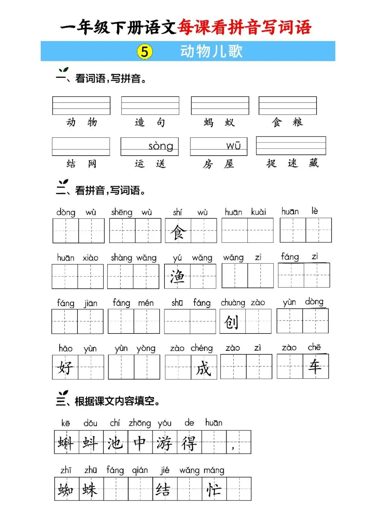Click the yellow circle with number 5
pos(145,51)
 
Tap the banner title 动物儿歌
pos(211,51)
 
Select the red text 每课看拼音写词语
pos(244,27)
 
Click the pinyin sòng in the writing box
pos(161,146)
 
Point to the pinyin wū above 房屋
pos(233,146)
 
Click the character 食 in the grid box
pos(178,232)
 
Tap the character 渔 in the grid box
pos(177,277)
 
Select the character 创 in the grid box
pos(232,322)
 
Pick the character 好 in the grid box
pos(65,367)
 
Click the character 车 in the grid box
pos(315,366)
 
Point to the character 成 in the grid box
pos(203,368)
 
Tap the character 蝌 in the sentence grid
pos(66,443)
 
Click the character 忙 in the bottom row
pos(214,489)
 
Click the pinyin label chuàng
pos(233,303)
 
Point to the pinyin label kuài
pos(258,212)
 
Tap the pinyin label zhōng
pos(140,423)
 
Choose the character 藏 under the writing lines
pos(313,163)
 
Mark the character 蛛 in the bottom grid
pos(90,489)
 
